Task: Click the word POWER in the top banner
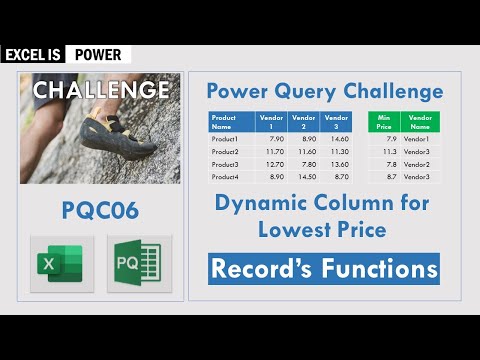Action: pyautogui.click(x=97, y=55)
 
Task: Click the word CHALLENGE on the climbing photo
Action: pyautogui.click(x=100, y=90)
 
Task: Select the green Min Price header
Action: pyautogui.click(x=383, y=122)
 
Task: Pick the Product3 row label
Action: pyautogui.click(x=225, y=164)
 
